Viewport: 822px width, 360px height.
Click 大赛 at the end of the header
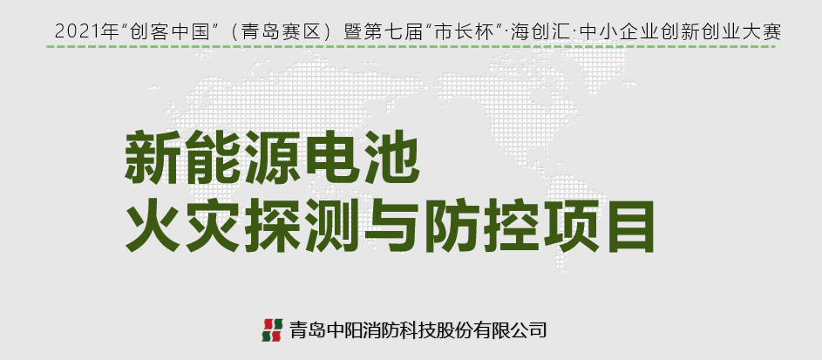tap(763, 32)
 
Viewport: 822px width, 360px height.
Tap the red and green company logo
tap(272, 330)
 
